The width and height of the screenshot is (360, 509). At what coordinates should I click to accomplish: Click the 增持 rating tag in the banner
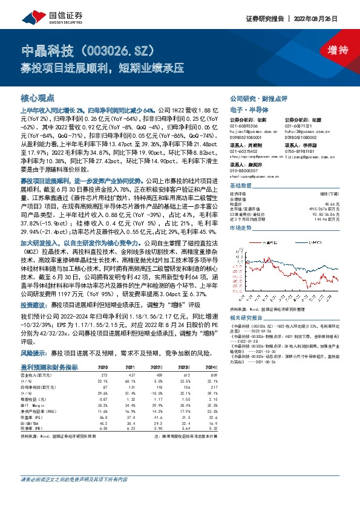click(x=329, y=49)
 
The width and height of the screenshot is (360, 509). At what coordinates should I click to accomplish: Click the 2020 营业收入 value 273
click(x=103, y=374)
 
